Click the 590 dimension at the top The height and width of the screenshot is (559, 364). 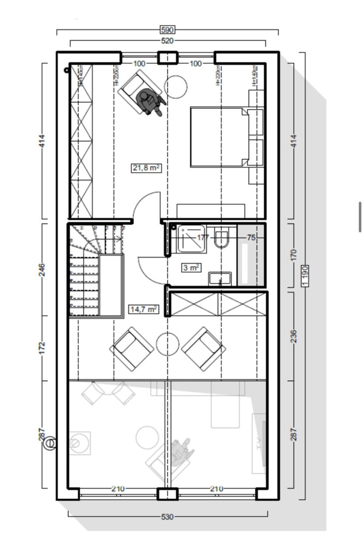pos(168,30)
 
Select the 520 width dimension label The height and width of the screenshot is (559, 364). pos(168,41)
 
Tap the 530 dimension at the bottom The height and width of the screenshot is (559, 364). pos(167,517)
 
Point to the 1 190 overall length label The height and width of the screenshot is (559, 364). pos(305,275)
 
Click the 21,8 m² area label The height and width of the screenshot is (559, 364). pos(146,168)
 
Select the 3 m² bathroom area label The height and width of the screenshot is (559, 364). pos(191,268)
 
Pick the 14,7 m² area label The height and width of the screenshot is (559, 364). pos(143,309)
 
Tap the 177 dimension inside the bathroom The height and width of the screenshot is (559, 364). pos(203,238)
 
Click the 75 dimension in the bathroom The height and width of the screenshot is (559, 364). pos(251,238)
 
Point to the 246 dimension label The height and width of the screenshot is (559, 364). pos(42,269)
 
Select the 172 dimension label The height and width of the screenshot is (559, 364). pos(42,348)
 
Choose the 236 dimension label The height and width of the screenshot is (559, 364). pos(293,336)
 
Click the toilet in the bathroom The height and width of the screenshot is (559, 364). pos(222,238)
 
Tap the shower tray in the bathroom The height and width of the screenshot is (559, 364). pos(191,238)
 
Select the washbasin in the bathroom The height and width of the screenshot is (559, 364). pos(220,278)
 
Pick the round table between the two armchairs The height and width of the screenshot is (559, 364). pos(167,344)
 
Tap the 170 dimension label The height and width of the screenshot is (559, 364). pos(293,255)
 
